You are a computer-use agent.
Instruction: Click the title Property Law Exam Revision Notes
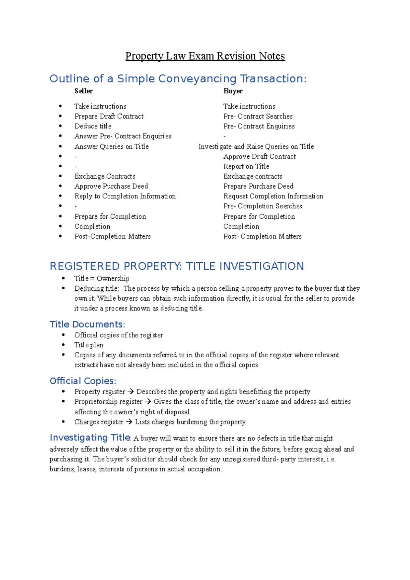tap(205, 56)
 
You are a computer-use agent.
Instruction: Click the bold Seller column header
tap(83, 91)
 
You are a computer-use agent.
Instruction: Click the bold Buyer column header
tap(233, 91)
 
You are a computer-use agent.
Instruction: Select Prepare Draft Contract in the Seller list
tap(109, 116)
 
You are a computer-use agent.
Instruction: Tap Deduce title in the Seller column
tap(93, 126)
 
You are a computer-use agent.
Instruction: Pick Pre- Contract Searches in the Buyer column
tap(258, 116)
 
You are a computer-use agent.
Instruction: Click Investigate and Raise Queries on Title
tap(256, 147)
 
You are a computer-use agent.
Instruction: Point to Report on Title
tap(246, 166)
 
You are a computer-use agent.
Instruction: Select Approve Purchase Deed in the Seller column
tap(111, 186)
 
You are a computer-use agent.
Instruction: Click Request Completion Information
tap(273, 196)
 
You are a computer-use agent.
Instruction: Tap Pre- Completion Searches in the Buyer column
tap(262, 206)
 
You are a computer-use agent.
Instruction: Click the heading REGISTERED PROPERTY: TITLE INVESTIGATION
tap(177, 266)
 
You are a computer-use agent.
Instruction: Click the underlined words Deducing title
tap(96, 289)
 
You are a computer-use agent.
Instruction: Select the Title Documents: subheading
tap(87, 324)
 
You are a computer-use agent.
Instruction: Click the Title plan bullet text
tap(89, 345)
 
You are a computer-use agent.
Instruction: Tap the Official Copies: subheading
tap(83, 381)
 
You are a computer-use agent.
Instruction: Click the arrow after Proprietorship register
tap(148, 402)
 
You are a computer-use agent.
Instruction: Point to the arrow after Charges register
tap(129, 422)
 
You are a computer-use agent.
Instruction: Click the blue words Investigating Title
tap(90, 438)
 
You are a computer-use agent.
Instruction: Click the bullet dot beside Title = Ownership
tap(63, 278)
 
